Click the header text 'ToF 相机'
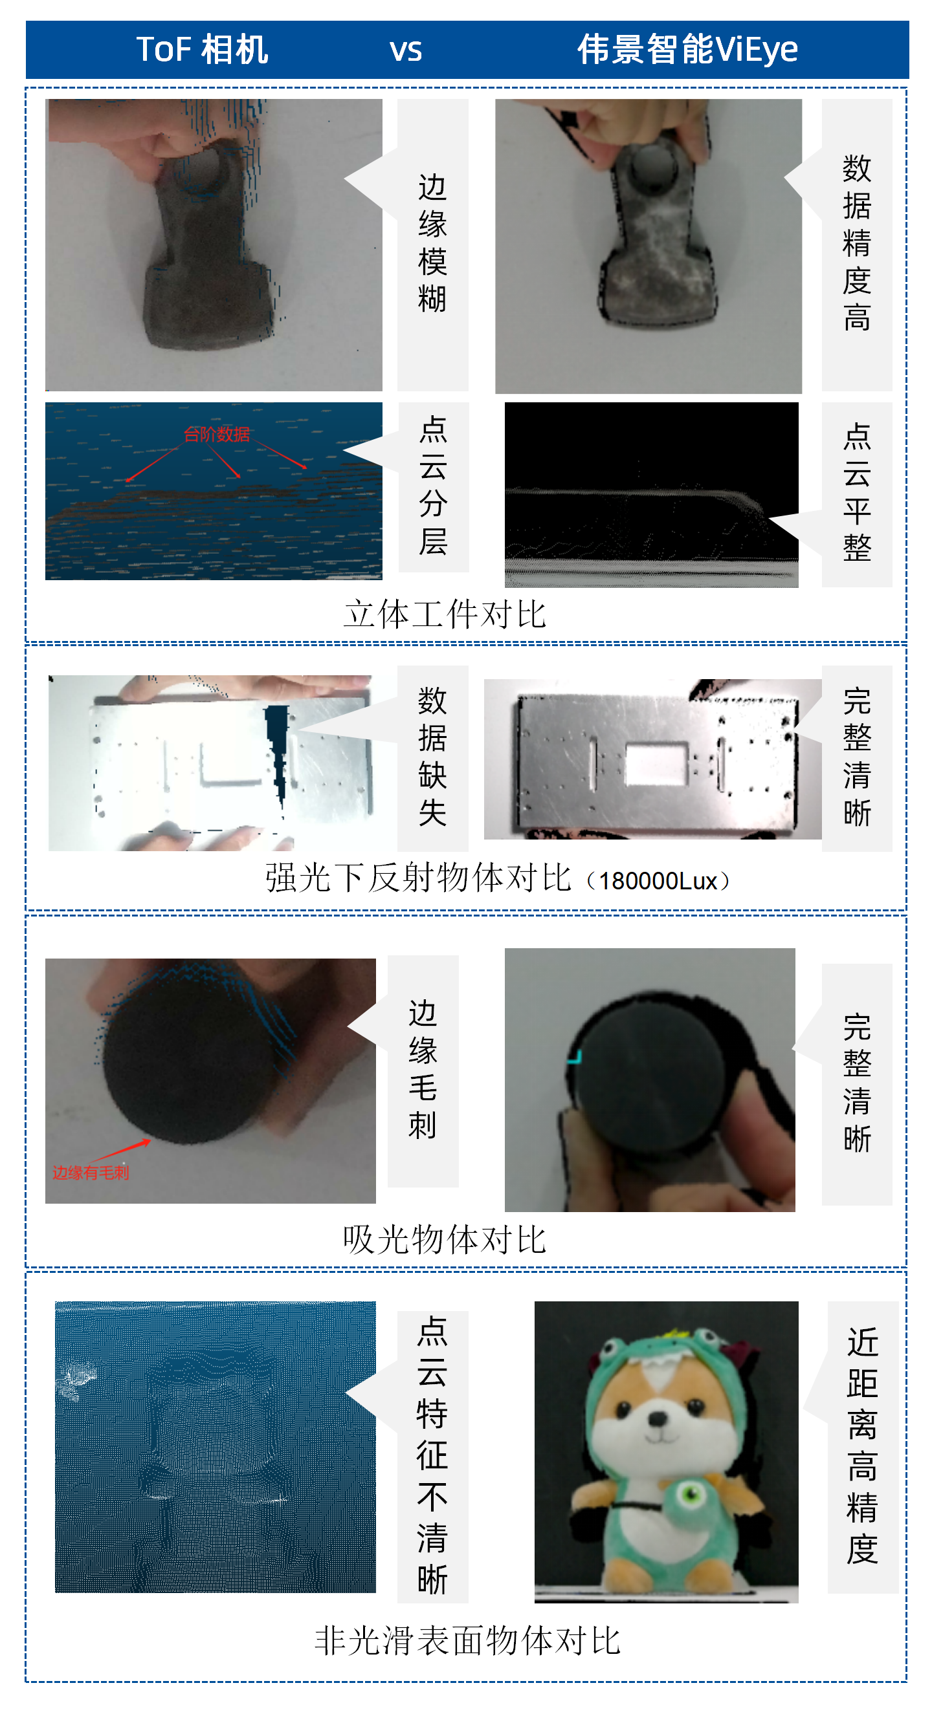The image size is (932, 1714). tap(203, 49)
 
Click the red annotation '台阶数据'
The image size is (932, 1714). tap(217, 435)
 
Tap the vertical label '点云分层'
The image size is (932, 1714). tap(433, 486)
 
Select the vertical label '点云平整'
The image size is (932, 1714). tap(857, 492)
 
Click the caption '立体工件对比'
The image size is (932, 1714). tap(445, 614)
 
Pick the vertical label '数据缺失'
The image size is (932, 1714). tap(432, 757)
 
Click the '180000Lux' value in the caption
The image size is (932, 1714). tap(658, 881)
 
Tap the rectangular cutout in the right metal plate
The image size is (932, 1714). tap(656, 763)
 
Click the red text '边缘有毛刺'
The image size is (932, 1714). tap(91, 1173)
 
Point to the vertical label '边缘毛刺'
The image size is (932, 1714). tap(423, 1070)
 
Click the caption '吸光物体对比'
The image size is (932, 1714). tap(445, 1241)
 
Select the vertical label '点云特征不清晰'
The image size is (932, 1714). tap(432, 1455)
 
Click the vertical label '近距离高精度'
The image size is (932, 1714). tap(862, 1446)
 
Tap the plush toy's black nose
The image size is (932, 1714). tap(658, 1418)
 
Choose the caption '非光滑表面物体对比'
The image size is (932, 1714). tap(467, 1641)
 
